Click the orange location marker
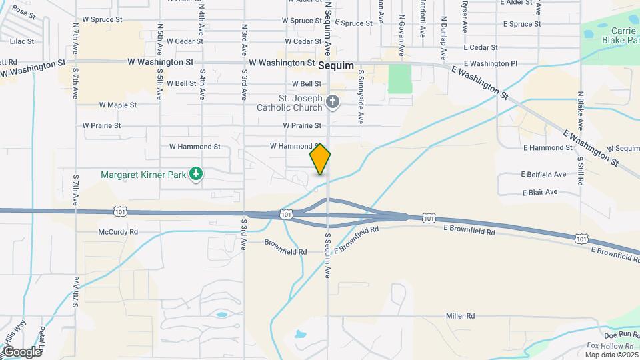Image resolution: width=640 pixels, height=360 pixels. coord(320,159)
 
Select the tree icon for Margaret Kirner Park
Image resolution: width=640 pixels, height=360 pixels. coord(196,174)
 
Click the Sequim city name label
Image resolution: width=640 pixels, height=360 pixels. coord(336,66)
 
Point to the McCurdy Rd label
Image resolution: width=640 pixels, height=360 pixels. coord(118,232)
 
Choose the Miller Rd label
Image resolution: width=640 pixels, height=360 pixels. coord(460,315)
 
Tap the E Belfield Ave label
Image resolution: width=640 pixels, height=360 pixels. coord(545,175)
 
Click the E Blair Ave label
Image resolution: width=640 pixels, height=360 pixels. coord(541,192)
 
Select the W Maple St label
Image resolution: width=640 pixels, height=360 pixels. coord(118,105)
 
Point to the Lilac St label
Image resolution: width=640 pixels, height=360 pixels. coord(22,41)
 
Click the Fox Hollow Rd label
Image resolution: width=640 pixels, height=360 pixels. coord(610,346)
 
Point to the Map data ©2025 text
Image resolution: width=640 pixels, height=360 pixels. coord(612,355)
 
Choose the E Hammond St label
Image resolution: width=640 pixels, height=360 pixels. coord(548,147)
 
